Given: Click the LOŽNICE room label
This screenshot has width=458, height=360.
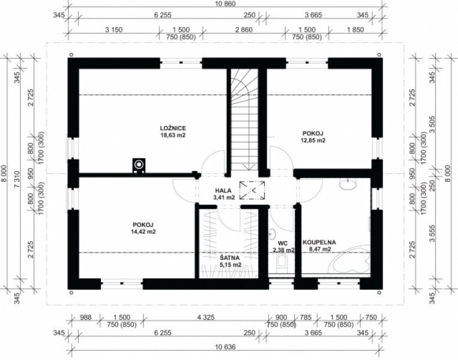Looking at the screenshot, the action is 173,128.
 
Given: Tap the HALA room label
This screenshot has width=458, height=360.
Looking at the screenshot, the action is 223,191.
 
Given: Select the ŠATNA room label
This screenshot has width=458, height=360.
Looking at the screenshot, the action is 229,258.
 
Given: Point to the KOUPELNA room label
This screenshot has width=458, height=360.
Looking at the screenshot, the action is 319,242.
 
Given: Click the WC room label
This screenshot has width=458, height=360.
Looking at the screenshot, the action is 283,243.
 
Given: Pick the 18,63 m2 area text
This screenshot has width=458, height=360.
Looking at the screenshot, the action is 173,135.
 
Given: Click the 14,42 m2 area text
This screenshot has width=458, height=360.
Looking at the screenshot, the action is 143,232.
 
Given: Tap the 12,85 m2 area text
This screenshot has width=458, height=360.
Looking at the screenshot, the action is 313,140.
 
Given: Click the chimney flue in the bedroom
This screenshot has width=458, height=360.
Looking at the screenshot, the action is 139,165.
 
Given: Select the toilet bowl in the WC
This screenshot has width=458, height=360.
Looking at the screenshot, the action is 282,262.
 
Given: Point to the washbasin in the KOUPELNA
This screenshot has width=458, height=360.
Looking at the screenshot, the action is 348,184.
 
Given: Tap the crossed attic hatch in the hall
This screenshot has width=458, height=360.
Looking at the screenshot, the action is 252,191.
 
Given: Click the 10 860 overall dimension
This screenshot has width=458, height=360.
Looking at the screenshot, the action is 225,4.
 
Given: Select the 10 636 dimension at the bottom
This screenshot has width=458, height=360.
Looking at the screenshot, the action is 225,347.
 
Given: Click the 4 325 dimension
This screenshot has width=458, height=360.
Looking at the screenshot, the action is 206,317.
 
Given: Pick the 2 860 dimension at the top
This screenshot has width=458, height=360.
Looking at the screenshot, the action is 244,29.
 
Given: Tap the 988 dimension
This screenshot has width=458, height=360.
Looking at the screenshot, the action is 86,317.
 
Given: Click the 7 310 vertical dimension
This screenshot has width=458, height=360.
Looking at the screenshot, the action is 17,179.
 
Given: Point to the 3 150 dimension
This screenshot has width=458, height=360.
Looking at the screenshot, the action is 113,29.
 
